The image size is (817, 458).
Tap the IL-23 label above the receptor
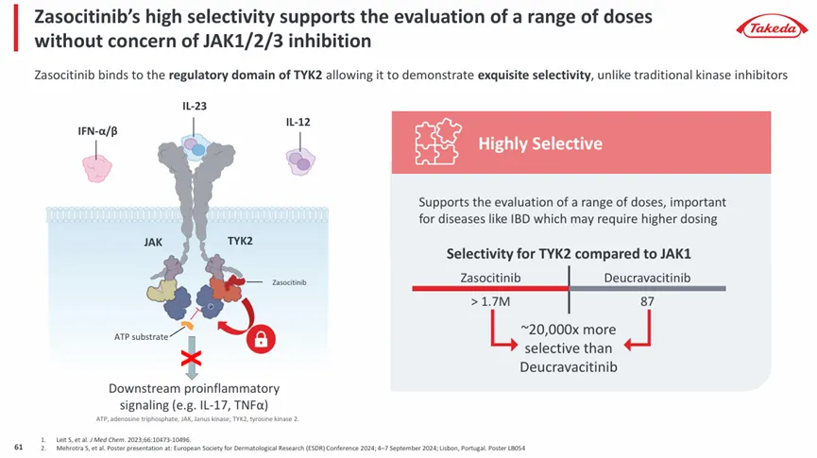[195, 106]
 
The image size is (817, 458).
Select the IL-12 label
[298, 123]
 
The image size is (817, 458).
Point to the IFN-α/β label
[97, 130]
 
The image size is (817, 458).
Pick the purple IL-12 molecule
[300, 161]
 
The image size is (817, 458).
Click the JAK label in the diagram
[153, 242]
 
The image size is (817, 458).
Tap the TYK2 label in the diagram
[240, 241]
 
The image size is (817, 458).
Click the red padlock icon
[260, 339]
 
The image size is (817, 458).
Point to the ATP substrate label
[141, 336]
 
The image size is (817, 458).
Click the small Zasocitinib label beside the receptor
[289, 281]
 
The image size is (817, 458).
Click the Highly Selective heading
[540, 144]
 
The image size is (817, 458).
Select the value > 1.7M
[489, 302]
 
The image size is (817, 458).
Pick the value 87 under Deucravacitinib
[647, 302]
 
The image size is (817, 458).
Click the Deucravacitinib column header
[647, 279]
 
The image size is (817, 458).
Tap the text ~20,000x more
[569, 330]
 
